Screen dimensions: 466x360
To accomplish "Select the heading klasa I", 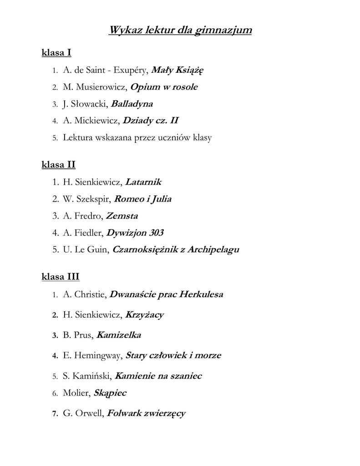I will point(56,53).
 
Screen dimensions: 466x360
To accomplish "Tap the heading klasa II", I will point(58,164).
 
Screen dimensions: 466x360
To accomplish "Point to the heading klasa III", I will point(61,276).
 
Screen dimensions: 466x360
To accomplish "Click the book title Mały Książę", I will point(177,70).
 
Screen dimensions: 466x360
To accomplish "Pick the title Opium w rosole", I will point(164,87).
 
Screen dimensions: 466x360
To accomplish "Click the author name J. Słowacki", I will point(85,104).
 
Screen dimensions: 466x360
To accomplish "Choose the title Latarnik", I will point(143,182).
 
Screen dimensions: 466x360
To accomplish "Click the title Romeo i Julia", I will point(142,199).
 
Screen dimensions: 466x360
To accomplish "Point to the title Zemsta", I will point(122,216).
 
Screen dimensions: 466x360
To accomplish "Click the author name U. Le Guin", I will point(86,250).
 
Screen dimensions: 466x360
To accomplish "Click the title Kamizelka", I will point(119,335).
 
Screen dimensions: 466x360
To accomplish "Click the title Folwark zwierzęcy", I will point(146,414).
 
